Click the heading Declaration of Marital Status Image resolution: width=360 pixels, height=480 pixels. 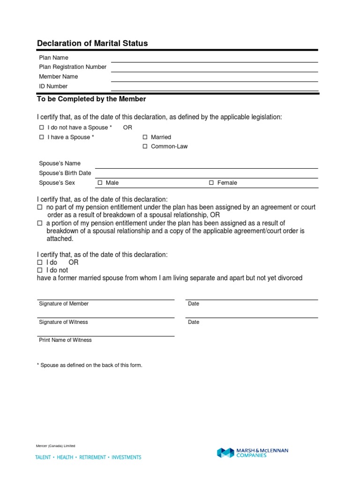[x=92, y=43]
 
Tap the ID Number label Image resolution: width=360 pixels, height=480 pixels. [x=53, y=86]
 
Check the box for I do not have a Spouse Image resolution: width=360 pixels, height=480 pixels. [x=41, y=127]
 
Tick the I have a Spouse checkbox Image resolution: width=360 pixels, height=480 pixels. [x=41, y=137]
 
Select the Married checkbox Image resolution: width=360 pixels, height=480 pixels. [x=145, y=137]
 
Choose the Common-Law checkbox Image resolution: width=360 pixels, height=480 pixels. [x=145, y=146]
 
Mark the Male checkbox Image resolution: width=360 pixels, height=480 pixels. [x=100, y=183]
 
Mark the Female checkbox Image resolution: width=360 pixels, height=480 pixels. [x=211, y=183]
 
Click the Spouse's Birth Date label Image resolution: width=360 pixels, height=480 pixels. [x=65, y=173]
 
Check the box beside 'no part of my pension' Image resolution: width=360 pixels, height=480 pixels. [x=40, y=207]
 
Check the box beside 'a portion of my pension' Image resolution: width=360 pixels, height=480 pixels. [x=40, y=223]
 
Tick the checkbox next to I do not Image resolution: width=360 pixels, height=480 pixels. [x=40, y=270]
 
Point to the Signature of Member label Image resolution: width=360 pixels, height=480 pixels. [x=63, y=304]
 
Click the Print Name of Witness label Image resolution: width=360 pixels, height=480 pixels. [x=65, y=340]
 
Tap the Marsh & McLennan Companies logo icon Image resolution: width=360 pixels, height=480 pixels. [x=225, y=453]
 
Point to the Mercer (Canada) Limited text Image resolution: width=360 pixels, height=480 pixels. [x=55, y=446]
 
